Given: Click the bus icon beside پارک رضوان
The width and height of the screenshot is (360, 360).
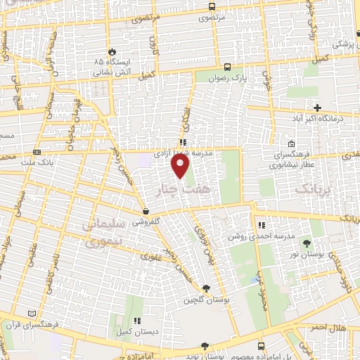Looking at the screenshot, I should [226, 67].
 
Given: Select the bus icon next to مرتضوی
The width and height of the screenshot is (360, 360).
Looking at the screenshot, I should [212, 6].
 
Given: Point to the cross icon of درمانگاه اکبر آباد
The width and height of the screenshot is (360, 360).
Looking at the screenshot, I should [318, 108].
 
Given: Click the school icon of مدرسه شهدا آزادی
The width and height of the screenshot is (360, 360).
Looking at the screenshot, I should [183, 141].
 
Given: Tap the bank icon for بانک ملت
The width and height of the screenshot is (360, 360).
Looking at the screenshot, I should [37, 151].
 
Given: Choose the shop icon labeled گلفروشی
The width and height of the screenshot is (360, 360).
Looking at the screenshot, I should [146, 211].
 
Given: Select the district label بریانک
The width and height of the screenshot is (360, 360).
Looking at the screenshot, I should [313, 188].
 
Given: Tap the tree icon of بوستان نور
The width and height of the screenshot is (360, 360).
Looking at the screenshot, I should [307, 243].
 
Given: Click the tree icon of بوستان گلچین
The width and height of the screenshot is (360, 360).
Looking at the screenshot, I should [205, 288].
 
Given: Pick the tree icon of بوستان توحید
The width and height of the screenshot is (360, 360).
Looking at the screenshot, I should [205, 346].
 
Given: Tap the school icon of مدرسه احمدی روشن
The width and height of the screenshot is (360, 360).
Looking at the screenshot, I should [262, 225].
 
